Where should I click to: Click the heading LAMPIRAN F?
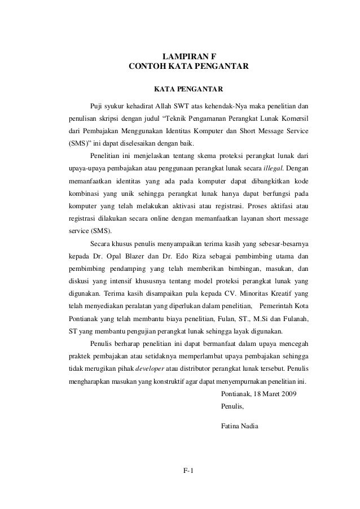tap(188, 56)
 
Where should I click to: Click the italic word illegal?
tap(275, 168)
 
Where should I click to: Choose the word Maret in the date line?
tap(265, 393)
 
